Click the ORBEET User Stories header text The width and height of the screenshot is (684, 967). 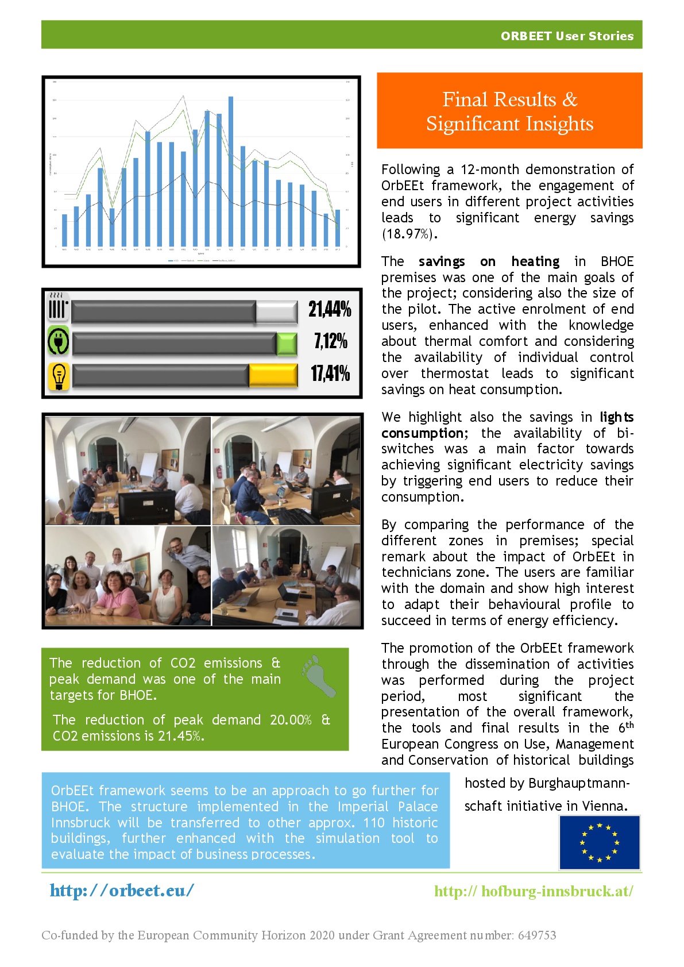pyautogui.click(x=567, y=36)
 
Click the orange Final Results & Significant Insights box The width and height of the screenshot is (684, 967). pyautogui.click(x=509, y=111)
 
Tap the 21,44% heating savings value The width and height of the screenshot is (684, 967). pyautogui.click(x=330, y=309)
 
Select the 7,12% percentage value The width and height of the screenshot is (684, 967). pyautogui.click(x=331, y=341)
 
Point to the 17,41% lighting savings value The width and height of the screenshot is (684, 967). pyautogui.click(x=330, y=373)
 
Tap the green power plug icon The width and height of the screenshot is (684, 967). pyautogui.click(x=58, y=341)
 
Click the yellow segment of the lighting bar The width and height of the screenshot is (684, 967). pyautogui.click(x=273, y=376)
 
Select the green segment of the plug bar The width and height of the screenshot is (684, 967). pyautogui.click(x=287, y=344)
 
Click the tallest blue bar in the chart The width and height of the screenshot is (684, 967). pyautogui.click(x=231, y=171)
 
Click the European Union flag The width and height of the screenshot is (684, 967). pyautogui.click(x=600, y=842)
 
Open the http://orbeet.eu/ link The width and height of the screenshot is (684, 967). pyautogui.click(x=122, y=891)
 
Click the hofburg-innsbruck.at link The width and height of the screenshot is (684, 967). pyautogui.click(x=534, y=891)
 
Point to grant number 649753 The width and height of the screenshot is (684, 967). pyautogui.click(x=537, y=935)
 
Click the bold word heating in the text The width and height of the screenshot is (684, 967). pyautogui.click(x=535, y=261)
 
